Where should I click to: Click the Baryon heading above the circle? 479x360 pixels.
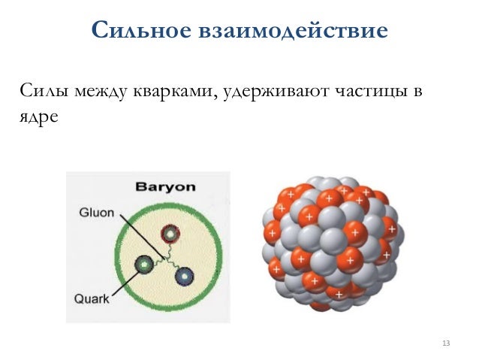pyautogui.click(x=164, y=187)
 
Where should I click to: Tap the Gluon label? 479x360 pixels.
pyautogui.click(x=96, y=213)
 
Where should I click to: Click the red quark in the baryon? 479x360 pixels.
pyautogui.click(x=171, y=234)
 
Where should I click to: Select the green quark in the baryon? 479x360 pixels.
pyautogui.click(x=143, y=264)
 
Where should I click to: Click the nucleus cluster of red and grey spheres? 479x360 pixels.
pyautogui.click(x=329, y=244)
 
